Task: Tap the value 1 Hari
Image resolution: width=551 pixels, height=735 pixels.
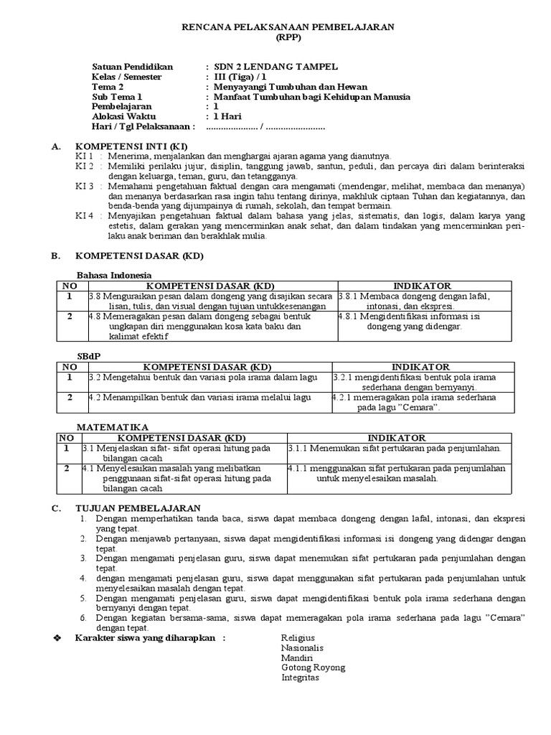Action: (x=228, y=116)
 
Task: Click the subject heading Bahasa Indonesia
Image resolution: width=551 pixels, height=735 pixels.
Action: (x=114, y=275)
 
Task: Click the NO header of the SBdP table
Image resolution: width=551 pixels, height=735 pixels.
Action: (x=70, y=367)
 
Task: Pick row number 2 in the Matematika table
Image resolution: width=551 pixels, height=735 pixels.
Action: (x=67, y=469)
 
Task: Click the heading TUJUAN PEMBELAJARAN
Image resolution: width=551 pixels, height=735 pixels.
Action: (x=138, y=507)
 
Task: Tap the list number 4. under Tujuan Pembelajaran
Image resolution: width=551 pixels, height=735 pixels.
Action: (x=83, y=578)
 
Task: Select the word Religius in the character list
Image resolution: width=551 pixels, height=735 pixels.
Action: (x=298, y=638)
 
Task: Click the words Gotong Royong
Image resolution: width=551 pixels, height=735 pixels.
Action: (x=313, y=668)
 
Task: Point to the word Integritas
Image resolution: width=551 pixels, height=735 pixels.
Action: (x=300, y=678)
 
